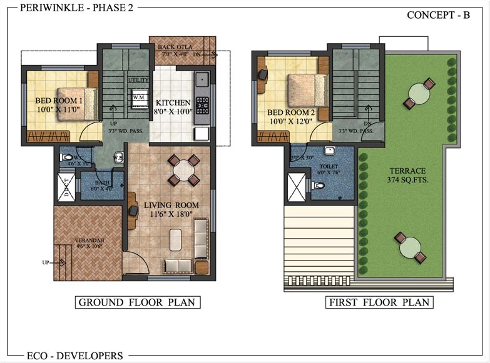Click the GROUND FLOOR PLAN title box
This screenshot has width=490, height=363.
click(x=137, y=303)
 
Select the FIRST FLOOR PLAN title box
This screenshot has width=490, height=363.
click(x=380, y=303)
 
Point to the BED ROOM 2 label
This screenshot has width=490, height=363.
click(x=289, y=117)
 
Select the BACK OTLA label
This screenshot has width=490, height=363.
click(x=176, y=49)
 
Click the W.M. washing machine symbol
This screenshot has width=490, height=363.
click(x=138, y=98)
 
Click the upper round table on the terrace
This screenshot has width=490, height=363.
click(x=417, y=94)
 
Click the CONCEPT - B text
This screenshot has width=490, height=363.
click(x=438, y=15)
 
